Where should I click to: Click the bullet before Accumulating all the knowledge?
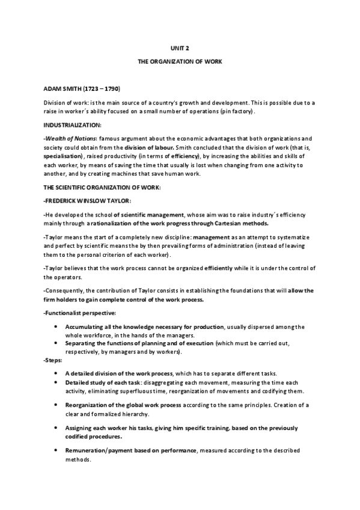pos(55,327)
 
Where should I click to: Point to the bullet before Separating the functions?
pos(55,342)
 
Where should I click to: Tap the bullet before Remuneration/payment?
pos(55,450)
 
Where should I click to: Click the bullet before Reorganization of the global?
pos(55,405)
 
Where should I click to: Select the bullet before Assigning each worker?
pos(55,428)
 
